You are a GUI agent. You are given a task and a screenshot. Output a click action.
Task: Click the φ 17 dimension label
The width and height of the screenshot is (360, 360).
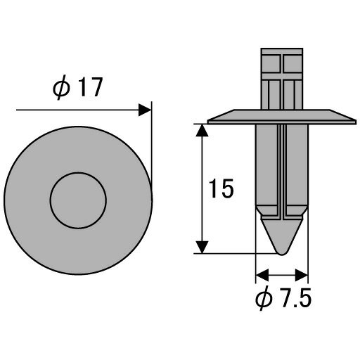pyautogui.click(x=78, y=87)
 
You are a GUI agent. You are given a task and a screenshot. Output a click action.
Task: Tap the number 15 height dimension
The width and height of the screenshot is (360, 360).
pyautogui.click(x=221, y=188)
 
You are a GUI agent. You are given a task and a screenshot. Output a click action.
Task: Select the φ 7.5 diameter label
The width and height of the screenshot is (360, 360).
pyautogui.click(x=283, y=298)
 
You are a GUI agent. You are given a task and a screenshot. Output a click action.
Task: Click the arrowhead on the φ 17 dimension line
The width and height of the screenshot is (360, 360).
pyautogui.click(x=145, y=110)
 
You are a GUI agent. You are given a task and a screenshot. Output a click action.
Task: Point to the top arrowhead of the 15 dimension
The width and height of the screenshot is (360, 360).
pyautogui.click(x=202, y=130)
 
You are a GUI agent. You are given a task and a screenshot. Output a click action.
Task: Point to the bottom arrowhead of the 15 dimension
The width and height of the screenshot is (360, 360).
pyautogui.click(x=202, y=247)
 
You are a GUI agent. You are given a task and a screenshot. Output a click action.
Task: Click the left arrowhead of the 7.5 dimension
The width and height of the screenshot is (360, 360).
pyautogui.click(x=262, y=275)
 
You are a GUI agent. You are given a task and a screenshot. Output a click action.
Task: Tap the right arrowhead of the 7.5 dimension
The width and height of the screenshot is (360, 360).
pyautogui.click(x=302, y=275)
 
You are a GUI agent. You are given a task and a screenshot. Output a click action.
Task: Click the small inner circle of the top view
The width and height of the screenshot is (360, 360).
pyautogui.click(x=78, y=200)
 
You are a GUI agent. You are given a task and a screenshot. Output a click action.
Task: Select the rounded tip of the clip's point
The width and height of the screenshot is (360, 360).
pyautogui.click(x=282, y=252)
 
